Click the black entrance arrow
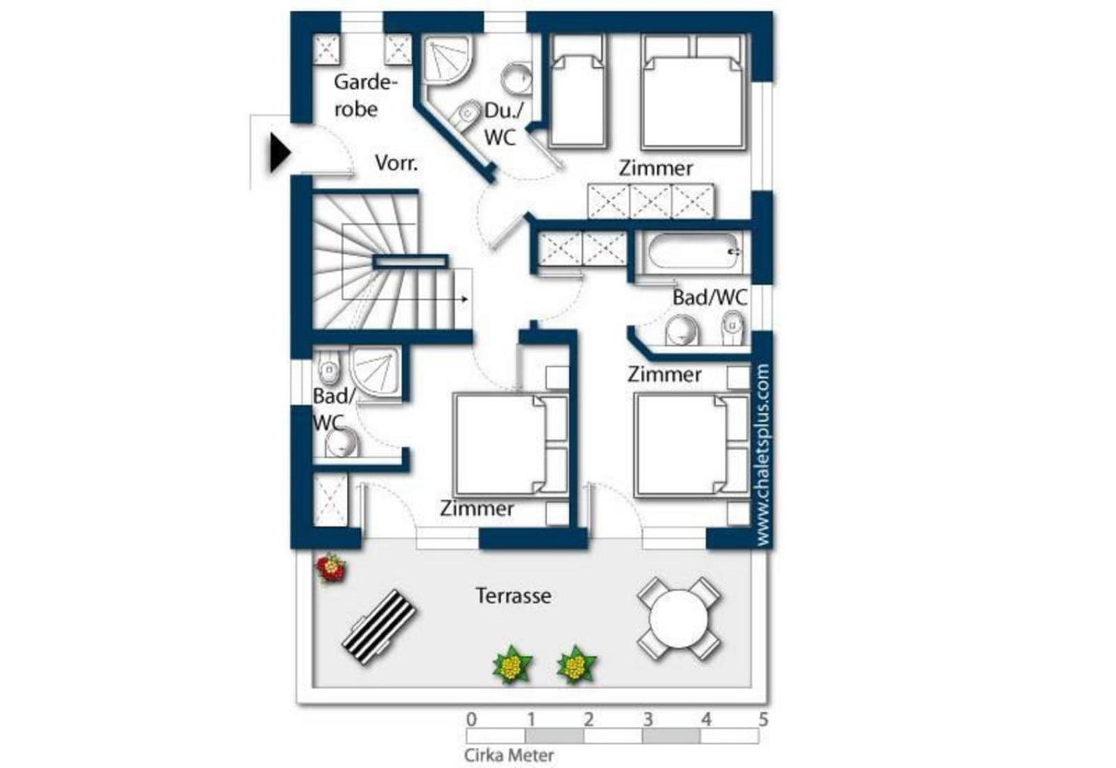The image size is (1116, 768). (280, 153)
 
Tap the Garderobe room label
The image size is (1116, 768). (365, 95)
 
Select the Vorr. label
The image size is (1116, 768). (397, 163)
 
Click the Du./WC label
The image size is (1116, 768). (503, 124)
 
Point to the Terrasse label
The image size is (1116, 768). (513, 596)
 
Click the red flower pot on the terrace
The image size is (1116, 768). (330, 568)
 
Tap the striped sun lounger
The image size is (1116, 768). (379, 628)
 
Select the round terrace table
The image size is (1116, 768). (679, 619)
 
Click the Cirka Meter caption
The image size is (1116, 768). (508, 755)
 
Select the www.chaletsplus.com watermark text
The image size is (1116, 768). (762, 455)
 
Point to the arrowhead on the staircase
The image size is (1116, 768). (465, 300)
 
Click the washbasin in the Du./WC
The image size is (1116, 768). (516, 78)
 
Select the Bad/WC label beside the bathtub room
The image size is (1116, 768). (710, 297)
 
